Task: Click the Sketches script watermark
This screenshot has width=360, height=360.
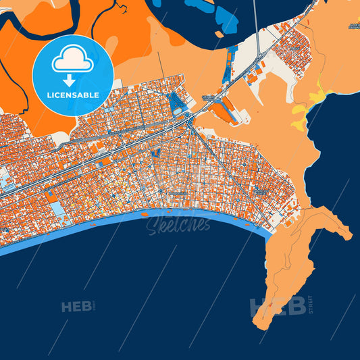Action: pyautogui.click(x=178, y=226)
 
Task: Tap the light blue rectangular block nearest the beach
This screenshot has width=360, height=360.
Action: pyautogui.click(x=59, y=209)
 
